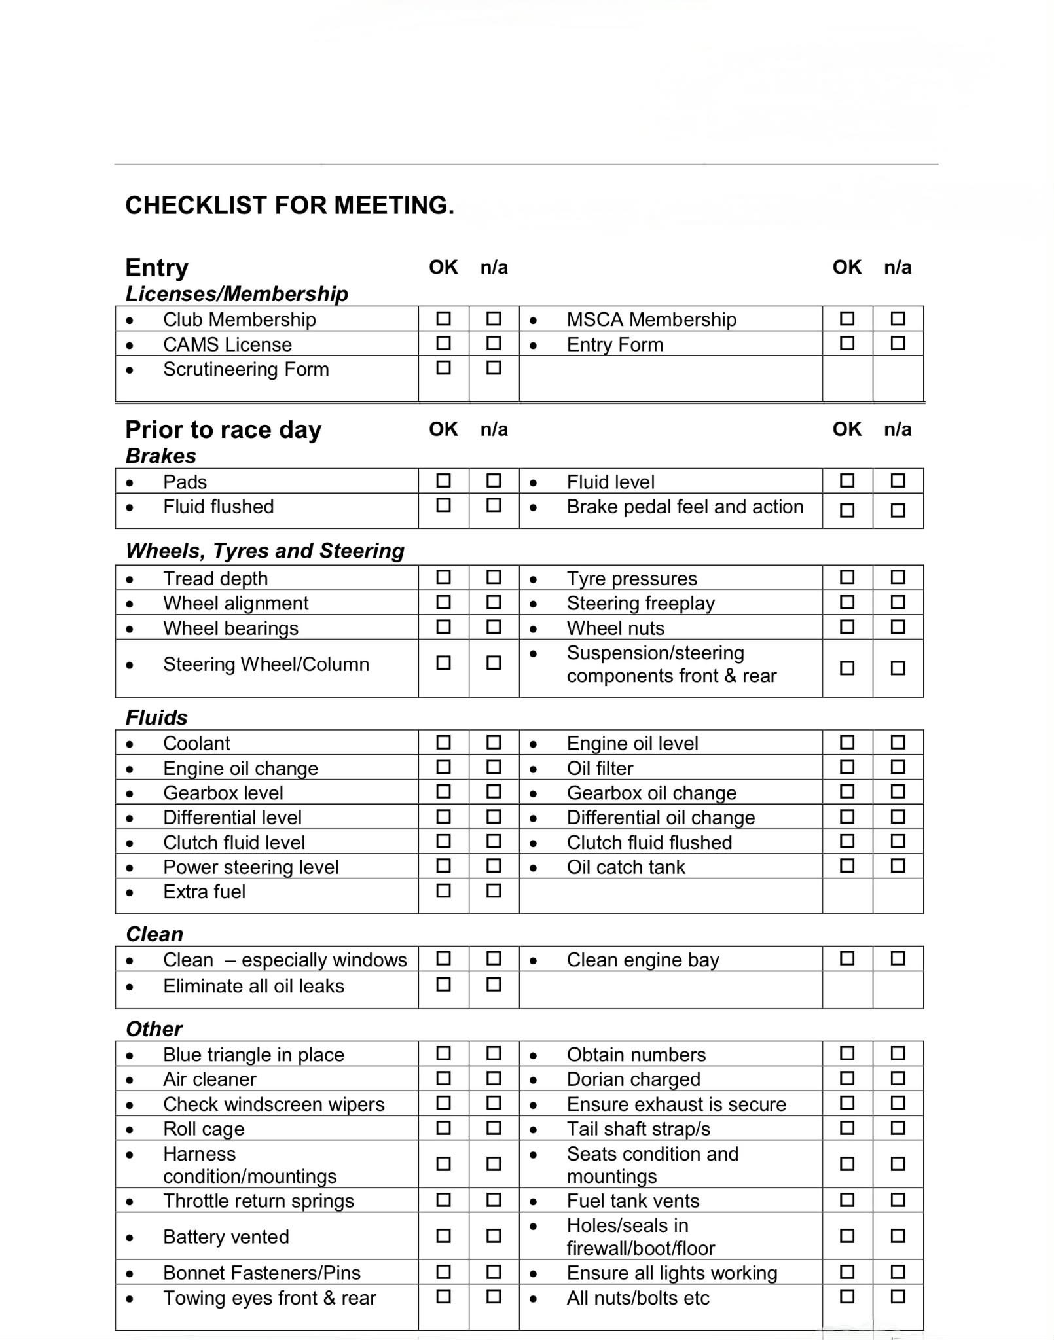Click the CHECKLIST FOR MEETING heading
[289, 206]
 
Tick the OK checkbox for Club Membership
[443, 319]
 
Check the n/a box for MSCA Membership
[898, 319]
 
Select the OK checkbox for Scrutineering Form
[443, 368]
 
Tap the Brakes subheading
[161, 456]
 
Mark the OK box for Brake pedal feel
[847, 510]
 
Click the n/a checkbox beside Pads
[494, 481]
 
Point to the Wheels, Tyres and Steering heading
[265, 551]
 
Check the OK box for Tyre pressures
[847, 577]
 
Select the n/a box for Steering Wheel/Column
[494, 663]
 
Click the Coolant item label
[196, 743]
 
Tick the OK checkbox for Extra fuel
[443, 891]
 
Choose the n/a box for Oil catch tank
[898, 866]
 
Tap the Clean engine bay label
[643, 960]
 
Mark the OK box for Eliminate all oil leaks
[443, 985]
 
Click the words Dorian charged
[634, 1079]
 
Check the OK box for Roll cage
[443, 1128]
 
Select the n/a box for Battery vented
[494, 1236]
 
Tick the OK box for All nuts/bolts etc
[847, 1297]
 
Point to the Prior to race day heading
[223, 429]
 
